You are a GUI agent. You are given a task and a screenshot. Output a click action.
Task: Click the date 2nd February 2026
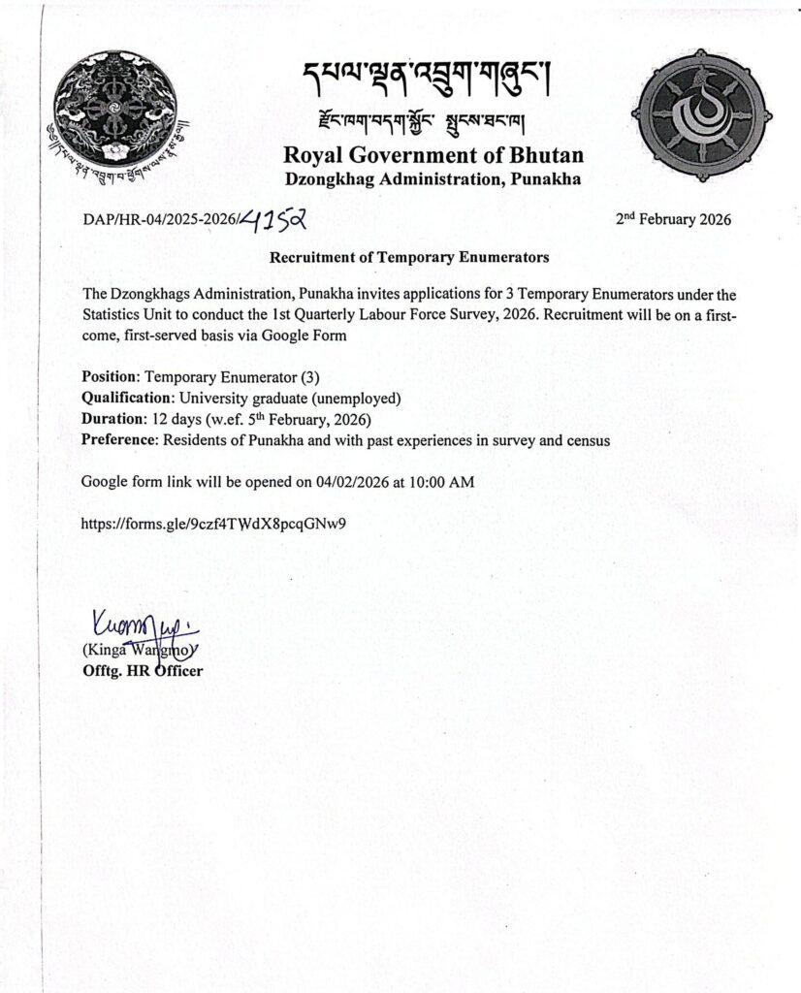673,219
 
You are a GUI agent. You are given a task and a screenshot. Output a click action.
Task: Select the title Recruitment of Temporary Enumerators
408,258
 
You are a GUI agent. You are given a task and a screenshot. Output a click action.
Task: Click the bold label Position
112,376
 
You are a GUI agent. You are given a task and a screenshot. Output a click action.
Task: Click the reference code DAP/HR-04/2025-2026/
160,221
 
